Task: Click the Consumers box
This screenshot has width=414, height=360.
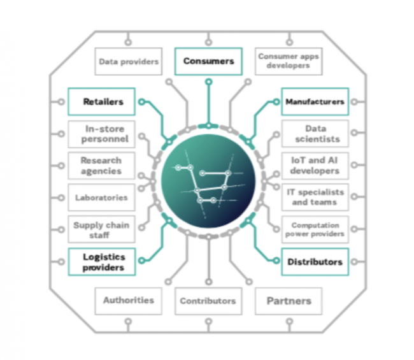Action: [208, 61]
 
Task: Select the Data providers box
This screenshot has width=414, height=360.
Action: [128, 62]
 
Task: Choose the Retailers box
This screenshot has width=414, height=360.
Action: [102, 101]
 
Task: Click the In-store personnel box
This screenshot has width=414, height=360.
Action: [102, 134]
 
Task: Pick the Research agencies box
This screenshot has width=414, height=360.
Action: [102, 165]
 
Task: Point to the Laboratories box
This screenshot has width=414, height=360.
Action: [102, 198]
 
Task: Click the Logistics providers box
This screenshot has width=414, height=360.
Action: [102, 262]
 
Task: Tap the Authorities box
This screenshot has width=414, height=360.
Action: [128, 300]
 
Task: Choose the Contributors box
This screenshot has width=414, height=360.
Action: [208, 301]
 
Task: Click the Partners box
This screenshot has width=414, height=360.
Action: [289, 301]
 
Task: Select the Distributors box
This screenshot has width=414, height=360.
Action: [315, 262]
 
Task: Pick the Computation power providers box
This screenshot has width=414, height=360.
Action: [315, 229]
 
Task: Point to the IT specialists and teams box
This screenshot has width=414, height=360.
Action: [315, 197]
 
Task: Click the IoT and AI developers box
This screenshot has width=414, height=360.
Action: [315, 166]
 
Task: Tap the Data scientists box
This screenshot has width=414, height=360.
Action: [315, 134]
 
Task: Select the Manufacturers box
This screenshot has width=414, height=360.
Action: [315, 101]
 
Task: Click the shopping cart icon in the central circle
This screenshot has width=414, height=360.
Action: [208, 185]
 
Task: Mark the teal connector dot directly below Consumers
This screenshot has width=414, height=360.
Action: [208, 82]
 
